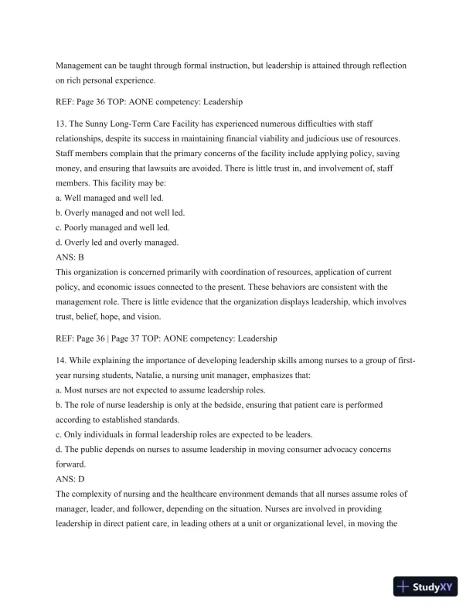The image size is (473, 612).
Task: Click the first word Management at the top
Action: [x=83, y=67]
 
